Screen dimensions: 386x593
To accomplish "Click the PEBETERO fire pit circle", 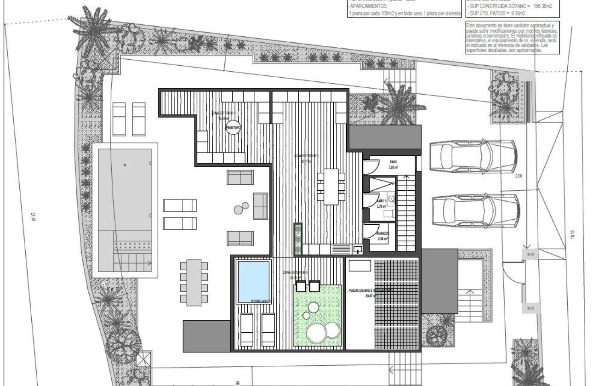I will click(233, 129).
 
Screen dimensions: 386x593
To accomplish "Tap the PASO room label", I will click(393, 162).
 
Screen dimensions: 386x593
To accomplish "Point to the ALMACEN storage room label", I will click(383, 234).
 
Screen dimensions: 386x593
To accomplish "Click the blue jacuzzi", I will click(253, 281).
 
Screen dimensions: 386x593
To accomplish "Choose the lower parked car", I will click(476, 210).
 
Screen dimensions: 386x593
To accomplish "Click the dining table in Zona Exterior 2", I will click(331, 187).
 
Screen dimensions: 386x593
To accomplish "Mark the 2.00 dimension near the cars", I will click(531, 176).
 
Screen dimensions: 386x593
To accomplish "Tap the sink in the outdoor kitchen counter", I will click(357, 250).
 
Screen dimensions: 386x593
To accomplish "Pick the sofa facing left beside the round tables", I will click(260, 205).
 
